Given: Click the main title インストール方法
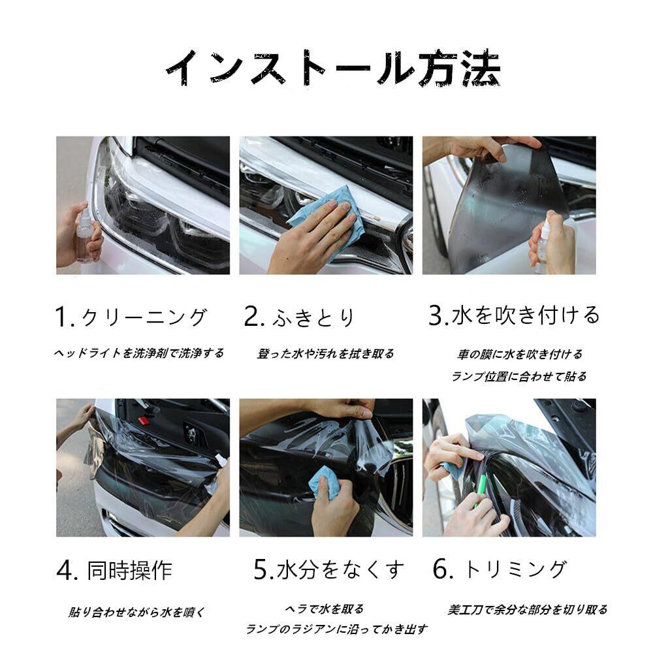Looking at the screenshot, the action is tap(333, 69).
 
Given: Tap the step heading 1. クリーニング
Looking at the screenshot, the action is tap(131, 317).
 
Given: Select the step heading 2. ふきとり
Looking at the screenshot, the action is tap(299, 317).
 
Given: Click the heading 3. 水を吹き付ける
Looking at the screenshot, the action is tap(514, 315).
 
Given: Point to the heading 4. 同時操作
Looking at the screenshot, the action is tap(114, 570).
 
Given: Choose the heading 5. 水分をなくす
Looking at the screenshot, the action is tap(329, 569).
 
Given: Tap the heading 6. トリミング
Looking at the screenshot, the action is tap(500, 569).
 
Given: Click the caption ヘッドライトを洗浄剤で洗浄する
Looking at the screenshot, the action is tap(139, 353).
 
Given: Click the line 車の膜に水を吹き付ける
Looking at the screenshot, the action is tap(520, 355).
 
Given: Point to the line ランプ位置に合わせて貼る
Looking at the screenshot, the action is tap(519, 377).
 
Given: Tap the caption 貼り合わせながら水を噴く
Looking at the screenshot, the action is tap(136, 613).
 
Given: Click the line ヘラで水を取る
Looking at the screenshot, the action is tap(325, 609).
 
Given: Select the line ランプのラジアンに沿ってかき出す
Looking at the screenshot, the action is tap(336, 629).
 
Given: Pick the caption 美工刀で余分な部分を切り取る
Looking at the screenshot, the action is tap(528, 610).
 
